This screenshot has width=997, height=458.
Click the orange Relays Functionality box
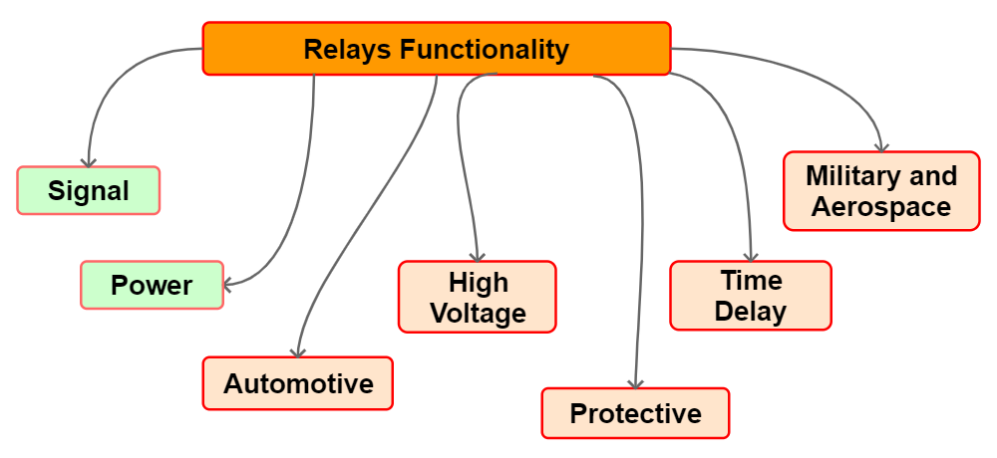pyautogui.click(x=437, y=48)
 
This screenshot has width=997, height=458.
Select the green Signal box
pyautogui.click(x=89, y=190)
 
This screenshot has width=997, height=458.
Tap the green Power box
pyautogui.click(x=152, y=285)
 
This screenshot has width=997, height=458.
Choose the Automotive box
pyautogui.click(x=297, y=383)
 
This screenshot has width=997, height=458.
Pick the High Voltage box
pyautogui.click(x=478, y=297)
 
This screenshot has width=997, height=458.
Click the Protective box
pyautogui.click(x=635, y=413)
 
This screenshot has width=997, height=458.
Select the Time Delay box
pyautogui.click(x=751, y=296)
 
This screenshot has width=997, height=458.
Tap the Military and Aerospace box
pyautogui.click(x=881, y=190)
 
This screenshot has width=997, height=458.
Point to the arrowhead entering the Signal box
pyautogui.click(x=88, y=162)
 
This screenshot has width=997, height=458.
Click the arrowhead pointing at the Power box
pyautogui.click(x=228, y=285)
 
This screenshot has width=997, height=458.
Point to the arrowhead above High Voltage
pyautogui.click(x=478, y=256)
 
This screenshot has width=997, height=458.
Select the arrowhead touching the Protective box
pyautogui.click(x=635, y=383)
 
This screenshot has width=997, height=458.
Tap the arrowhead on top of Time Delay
pyautogui.click(x=751, y=256)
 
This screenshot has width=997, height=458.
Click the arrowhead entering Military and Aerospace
pyautogui.click(x=881, y=146)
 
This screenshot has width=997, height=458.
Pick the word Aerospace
pyautogui.click(x=881, y=206)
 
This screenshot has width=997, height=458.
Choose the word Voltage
pyautogui.click(x=479, y=313)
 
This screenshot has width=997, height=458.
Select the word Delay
pyautogui.click(x=751, y=312)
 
